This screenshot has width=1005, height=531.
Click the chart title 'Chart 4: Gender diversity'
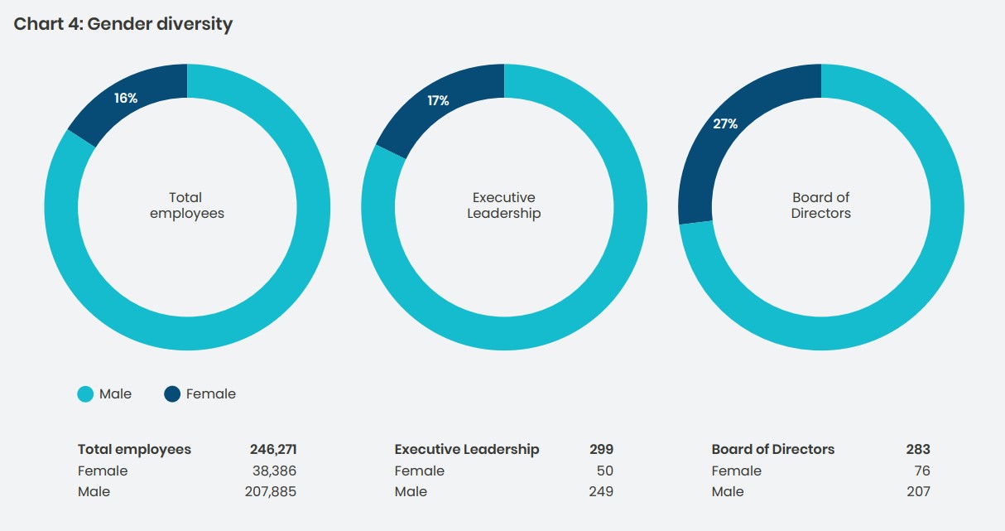123,24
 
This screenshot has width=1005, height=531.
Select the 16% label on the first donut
126,98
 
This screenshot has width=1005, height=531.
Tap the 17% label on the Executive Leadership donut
438,101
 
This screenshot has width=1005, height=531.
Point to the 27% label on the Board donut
725,124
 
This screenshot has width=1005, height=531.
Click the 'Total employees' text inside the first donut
186,205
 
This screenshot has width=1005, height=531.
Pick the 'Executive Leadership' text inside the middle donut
503,205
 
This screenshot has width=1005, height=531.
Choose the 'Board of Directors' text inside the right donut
820,205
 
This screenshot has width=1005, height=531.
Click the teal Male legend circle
85,394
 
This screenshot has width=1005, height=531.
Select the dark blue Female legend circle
172,394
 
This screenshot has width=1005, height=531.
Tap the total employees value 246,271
272,450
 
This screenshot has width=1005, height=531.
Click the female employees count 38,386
274,471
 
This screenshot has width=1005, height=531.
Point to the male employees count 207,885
271,491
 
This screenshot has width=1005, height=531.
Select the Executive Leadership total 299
601,450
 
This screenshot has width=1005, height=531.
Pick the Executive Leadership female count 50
604,471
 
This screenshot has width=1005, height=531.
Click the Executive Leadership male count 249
601,491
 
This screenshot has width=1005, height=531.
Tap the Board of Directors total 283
917,450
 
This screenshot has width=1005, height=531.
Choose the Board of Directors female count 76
921,471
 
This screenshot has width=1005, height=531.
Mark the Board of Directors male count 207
917,491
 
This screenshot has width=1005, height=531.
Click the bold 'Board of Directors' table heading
772,450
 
